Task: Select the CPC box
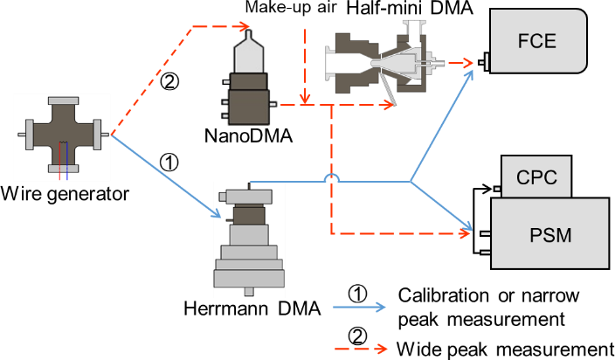[x=534, y=177]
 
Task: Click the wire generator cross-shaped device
[x=62, y=135]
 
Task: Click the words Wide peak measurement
[x=505, y=348]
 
